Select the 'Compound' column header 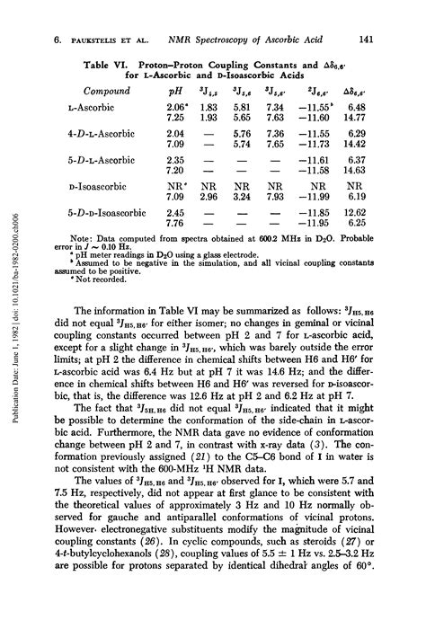109,92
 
